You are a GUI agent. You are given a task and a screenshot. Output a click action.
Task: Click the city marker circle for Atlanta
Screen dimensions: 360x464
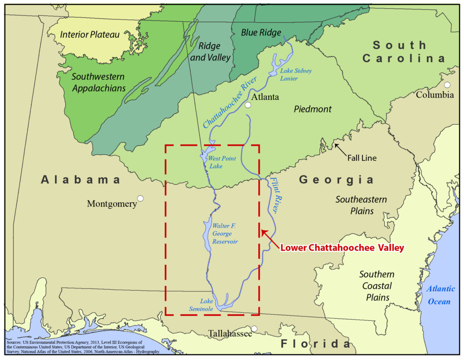[x=248, y=105]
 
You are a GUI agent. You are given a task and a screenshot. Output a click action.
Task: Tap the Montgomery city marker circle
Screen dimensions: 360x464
[x=140, y=198]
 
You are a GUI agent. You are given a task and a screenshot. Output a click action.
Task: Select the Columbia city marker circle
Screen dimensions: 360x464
[x=447, y=85]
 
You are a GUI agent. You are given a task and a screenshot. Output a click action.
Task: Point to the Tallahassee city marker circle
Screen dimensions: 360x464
[x=254, y=328]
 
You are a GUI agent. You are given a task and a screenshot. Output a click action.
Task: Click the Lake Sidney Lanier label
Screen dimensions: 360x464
[x=296, y=75]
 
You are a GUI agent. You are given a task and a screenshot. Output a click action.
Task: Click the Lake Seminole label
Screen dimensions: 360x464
[x=201, y=305]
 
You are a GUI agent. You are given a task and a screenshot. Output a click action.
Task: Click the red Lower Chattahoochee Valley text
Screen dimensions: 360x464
[x=342, y=248]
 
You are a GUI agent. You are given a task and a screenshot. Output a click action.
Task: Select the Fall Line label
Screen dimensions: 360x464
[x=362, y=158]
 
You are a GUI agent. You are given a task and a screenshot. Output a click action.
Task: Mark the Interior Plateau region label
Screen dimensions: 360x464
[x=90, y=34]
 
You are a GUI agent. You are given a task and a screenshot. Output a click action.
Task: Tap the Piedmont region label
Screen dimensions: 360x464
[x=312, y=109]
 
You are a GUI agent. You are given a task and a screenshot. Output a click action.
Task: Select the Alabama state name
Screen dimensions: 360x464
[x=81, y=180]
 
